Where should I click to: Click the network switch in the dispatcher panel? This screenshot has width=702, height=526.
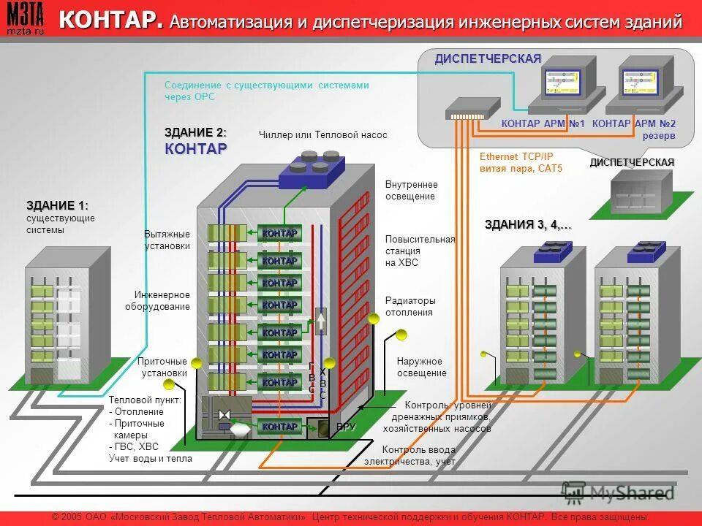tap(465, 111)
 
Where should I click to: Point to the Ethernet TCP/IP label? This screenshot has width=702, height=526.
tap(516, 157)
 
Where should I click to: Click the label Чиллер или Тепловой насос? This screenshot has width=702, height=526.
tap(323, 135)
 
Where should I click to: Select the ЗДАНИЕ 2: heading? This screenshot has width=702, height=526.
tap(195, 132)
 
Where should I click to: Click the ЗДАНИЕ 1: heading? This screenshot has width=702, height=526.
tap(57, 205)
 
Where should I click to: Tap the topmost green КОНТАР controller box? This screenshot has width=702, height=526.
tap(279, 233)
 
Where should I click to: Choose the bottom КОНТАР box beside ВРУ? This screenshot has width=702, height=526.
tap(279, 427)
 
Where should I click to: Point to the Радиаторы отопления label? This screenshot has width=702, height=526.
tap(409, 306)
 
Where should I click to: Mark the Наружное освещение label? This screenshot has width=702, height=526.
tap(421, 367)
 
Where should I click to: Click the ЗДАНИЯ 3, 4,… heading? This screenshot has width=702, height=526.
tap(528, 224)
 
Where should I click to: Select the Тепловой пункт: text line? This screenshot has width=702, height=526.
tap(145, 400)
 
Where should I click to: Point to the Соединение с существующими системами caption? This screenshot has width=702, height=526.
tap(266, 85)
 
